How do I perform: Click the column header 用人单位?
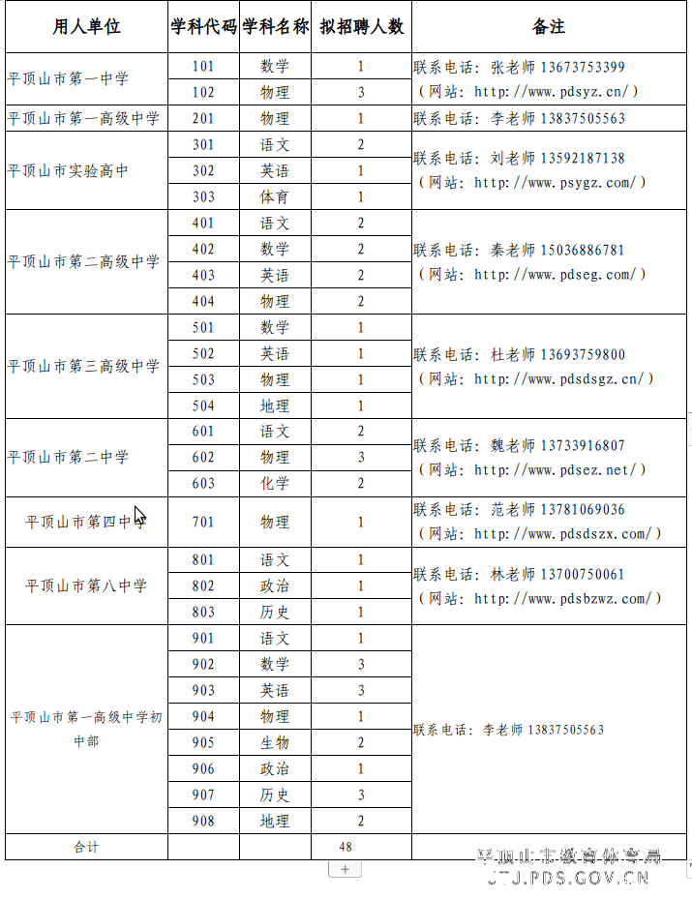pos(86,27)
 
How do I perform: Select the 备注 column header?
pos(548,27)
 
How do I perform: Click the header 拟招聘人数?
pos(361,27)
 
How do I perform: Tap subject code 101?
pos(203,67)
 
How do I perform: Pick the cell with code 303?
pos(203,197)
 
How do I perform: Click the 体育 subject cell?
pos(275,197)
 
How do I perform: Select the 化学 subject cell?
pos(275,484)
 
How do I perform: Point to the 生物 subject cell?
pos(275,743)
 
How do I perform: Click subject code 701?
pos(203,523)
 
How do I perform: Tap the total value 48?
pos(346,847)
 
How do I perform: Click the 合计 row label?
pos(86,847)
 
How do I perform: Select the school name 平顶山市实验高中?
pos(68,171)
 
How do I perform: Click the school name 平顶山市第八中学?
pos(86,586)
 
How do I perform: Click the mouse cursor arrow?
pos(139,515)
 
